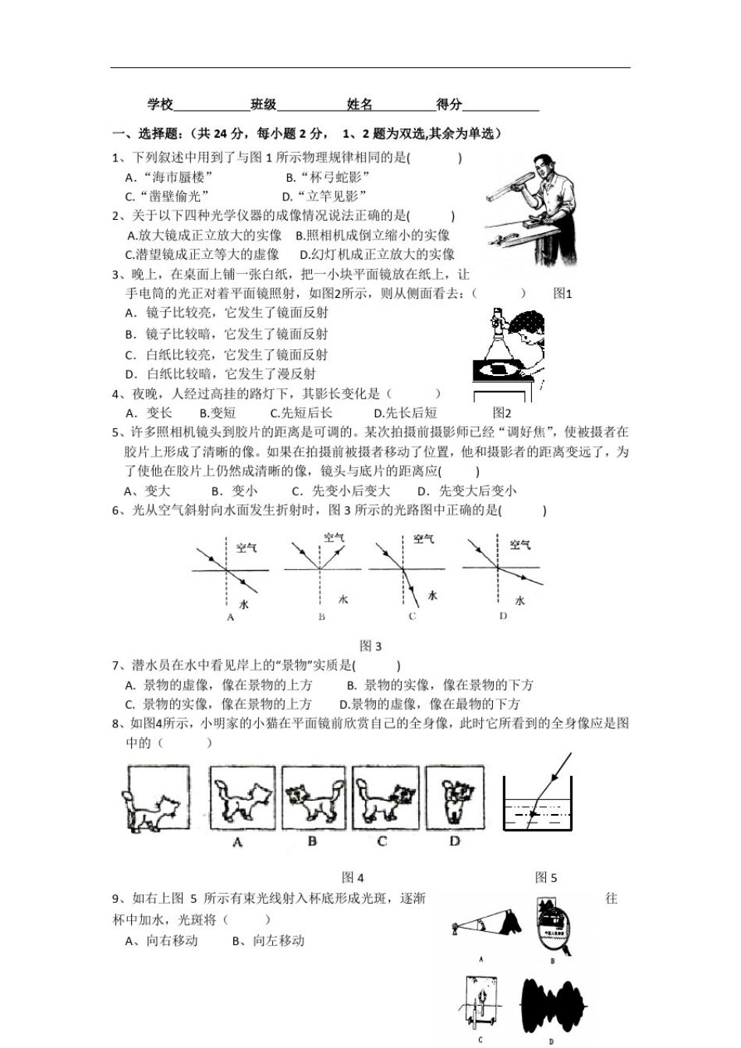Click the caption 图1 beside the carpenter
(562, 294)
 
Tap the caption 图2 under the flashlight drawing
(502, 413)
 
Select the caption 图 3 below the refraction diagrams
(370, 646)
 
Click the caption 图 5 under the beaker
(546, 877)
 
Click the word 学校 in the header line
(160, 104)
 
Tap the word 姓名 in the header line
(360, 104)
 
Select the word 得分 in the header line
(449, 104)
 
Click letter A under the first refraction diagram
(230, 617)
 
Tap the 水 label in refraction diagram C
(432, 596)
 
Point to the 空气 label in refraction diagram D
(520, 544)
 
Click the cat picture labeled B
(313, 798)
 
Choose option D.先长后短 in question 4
(405, 413)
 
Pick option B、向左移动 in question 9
(268, 940)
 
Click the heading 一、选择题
(147, 133)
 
